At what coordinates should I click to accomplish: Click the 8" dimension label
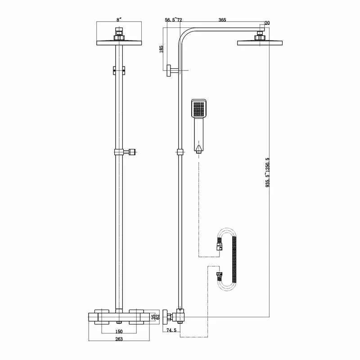pyautogui.click(x=119, y=20)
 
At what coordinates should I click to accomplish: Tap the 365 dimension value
pyautogui.click(x=222, y=20)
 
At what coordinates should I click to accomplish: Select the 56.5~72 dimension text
pyautogui.click(x=173, y=20)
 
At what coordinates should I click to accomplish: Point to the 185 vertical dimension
pyautogui.click(x=161, y=49)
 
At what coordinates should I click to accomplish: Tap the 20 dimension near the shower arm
pyautogui.click(x=267, y=23)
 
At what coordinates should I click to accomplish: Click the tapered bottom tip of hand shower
pyautogui.click(x=198, y=148)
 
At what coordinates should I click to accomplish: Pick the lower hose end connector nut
pyautogui.click(x=219, y=275)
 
